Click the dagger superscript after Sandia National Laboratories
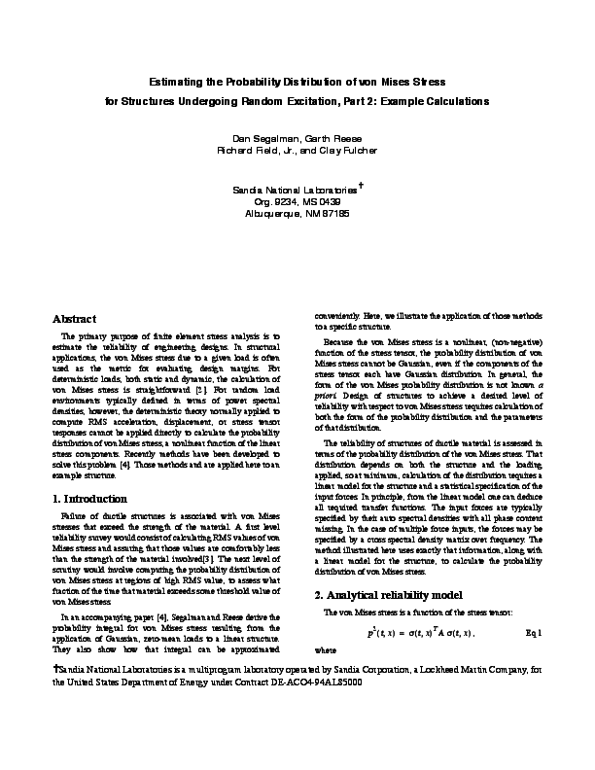tap(361, 181)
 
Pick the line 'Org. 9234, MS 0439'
tap(297, 199)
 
